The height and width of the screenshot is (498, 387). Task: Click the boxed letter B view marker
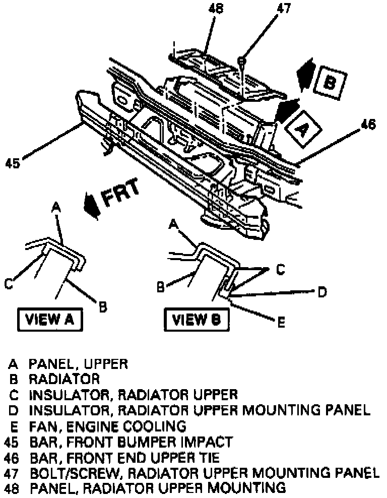coord(329,82)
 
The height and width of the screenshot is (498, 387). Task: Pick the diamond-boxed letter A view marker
coord(301,129)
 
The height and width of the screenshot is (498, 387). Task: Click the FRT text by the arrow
coord(121,197)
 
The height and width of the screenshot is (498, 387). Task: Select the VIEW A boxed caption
coord(50,320)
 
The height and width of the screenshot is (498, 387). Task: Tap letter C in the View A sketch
coord(9,285)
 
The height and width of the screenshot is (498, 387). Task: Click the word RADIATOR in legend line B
coord(64,378)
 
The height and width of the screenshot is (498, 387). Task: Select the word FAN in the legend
coord(41,426)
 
